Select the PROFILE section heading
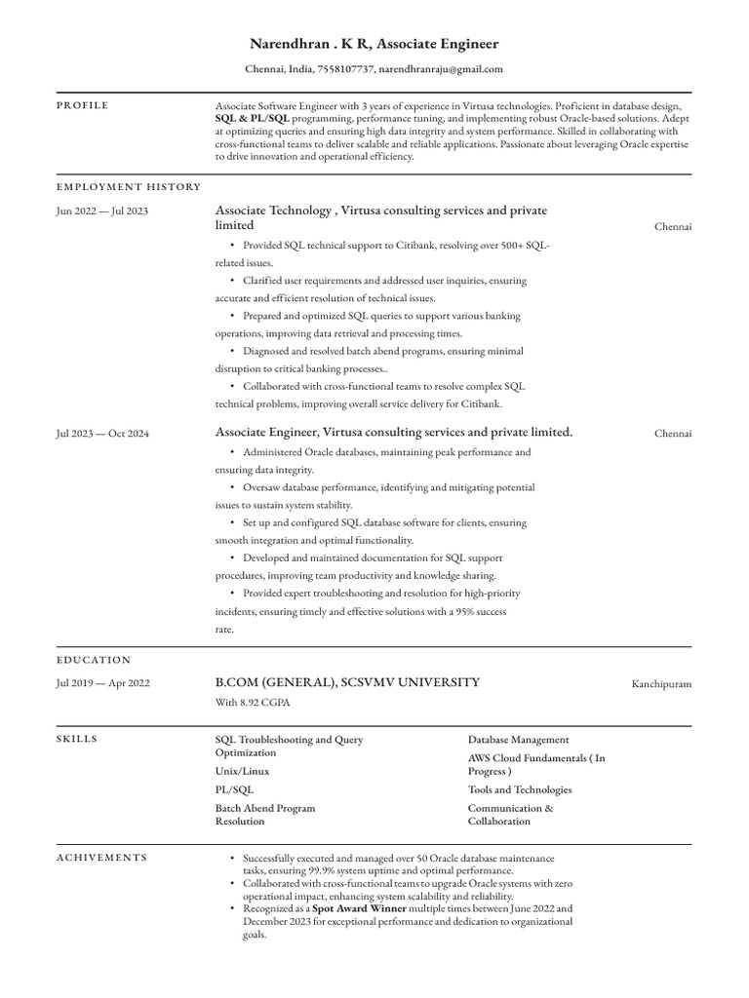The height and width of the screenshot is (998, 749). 82,105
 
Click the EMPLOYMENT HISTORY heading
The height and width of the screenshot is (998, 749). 129,186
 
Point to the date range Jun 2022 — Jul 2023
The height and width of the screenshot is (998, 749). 102,211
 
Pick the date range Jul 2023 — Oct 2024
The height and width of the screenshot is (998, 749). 102,433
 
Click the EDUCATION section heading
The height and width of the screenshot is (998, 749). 94,660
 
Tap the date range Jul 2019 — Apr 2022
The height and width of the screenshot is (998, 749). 102,683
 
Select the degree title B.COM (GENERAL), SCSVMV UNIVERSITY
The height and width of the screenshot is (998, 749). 347,682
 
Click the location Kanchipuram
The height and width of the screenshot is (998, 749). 661,684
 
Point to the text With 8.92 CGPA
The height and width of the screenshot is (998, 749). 253,702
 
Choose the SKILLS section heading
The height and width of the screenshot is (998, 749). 77,740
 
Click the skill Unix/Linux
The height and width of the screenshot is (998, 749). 242,771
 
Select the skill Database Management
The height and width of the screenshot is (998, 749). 518,740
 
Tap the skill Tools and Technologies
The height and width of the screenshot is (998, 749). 520,789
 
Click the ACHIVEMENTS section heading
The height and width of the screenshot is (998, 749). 101,858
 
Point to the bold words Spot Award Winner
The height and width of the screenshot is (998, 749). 351,908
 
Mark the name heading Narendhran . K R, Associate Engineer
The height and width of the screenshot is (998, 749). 374,44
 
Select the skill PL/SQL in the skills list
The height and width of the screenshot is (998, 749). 234,789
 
